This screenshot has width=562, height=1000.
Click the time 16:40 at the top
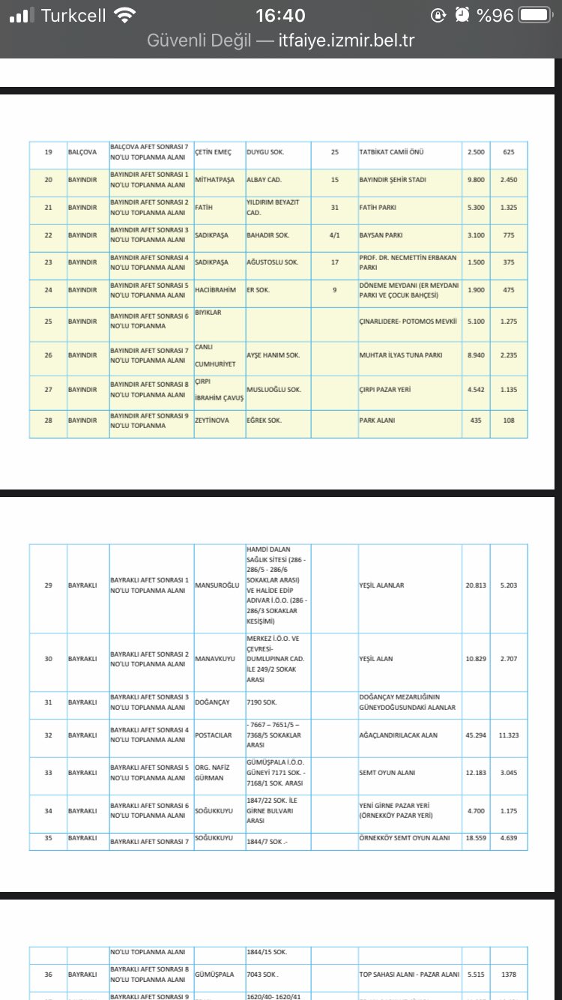click(280, 15)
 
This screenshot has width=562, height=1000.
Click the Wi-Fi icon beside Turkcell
click(125, 15)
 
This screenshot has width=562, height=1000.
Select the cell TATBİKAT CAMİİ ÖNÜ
click(392, 152)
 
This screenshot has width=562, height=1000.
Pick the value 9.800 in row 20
click(475, 180)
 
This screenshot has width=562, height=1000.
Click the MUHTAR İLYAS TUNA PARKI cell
click(402, 355)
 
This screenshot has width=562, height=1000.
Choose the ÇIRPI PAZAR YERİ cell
click(384, 389)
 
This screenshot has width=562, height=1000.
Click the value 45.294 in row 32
click(475, 735)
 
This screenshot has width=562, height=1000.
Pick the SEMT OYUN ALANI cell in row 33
click(387, 772)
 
